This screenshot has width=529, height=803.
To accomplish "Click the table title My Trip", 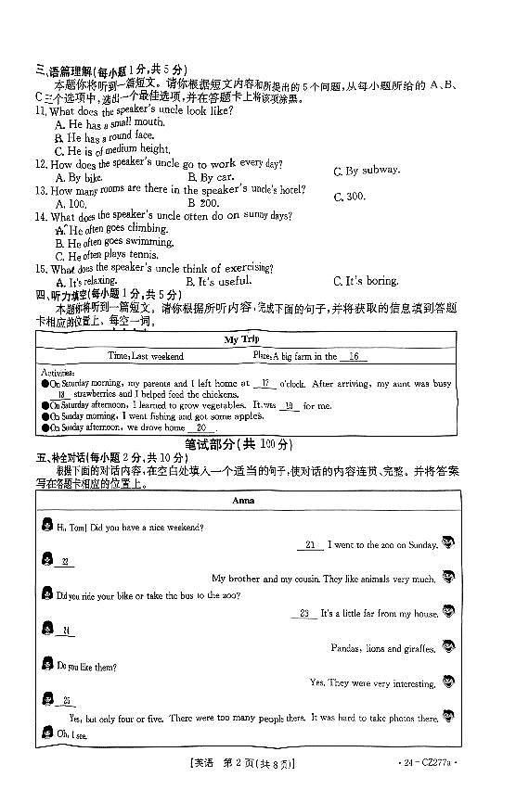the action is [242, 339].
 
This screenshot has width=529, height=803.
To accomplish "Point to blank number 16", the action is [354, 356].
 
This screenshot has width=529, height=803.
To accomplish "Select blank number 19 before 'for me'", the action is [289, 405].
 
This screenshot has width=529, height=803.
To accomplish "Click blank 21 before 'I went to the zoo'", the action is [310, 545].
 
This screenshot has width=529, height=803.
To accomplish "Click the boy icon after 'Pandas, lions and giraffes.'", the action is [450, 646].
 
